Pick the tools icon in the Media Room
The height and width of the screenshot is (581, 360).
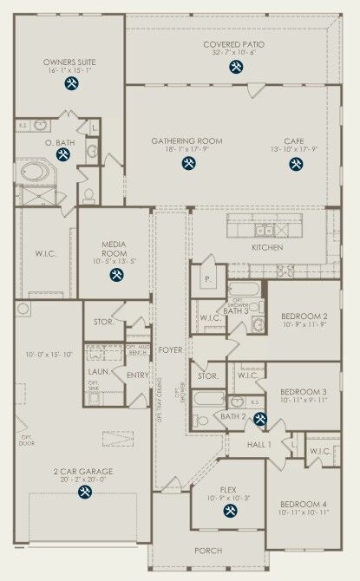click(x=115, y=276)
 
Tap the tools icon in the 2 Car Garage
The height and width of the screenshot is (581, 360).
click(x=85, y=492)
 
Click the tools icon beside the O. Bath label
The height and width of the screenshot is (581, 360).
click(x=62, y=154)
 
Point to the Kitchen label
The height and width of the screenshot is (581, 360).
click(x=267, y=247)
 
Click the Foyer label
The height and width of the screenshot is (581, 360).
click(x=170, y=350)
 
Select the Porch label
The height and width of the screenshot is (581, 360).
click(x=207, y=551)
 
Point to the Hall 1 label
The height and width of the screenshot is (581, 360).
click(x=259, y=444)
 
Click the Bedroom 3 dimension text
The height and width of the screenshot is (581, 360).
click(x=304, y=401)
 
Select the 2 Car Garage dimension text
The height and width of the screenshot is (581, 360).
click(x=84, y=479)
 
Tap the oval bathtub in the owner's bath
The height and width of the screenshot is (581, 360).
click(x=35, y=172)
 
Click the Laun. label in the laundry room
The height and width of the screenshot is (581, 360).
click(x=98, y=371)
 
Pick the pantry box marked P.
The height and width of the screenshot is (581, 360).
click(x=208, y=280)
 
